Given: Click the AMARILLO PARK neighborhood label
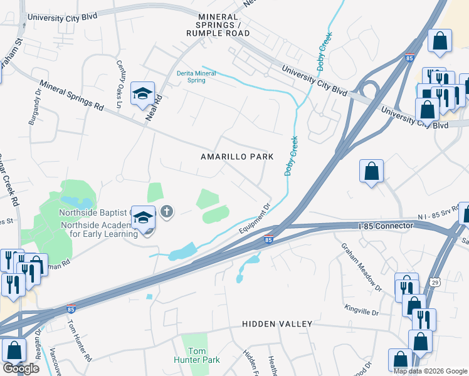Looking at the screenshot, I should [237, 157].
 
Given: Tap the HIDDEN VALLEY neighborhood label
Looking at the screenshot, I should [278, 324].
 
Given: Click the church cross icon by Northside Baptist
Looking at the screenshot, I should [167, 211].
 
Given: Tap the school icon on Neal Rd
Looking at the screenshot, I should [142, 94].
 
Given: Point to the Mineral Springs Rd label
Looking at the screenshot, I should [71, 95].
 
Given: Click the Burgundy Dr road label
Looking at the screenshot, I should [34, 110].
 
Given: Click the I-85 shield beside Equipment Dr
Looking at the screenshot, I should [268, 239].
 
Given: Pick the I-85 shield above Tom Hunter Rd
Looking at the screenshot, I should [71, 309].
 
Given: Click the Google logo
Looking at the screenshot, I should [21, 368].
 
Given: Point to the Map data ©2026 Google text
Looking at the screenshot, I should [430, 371].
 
